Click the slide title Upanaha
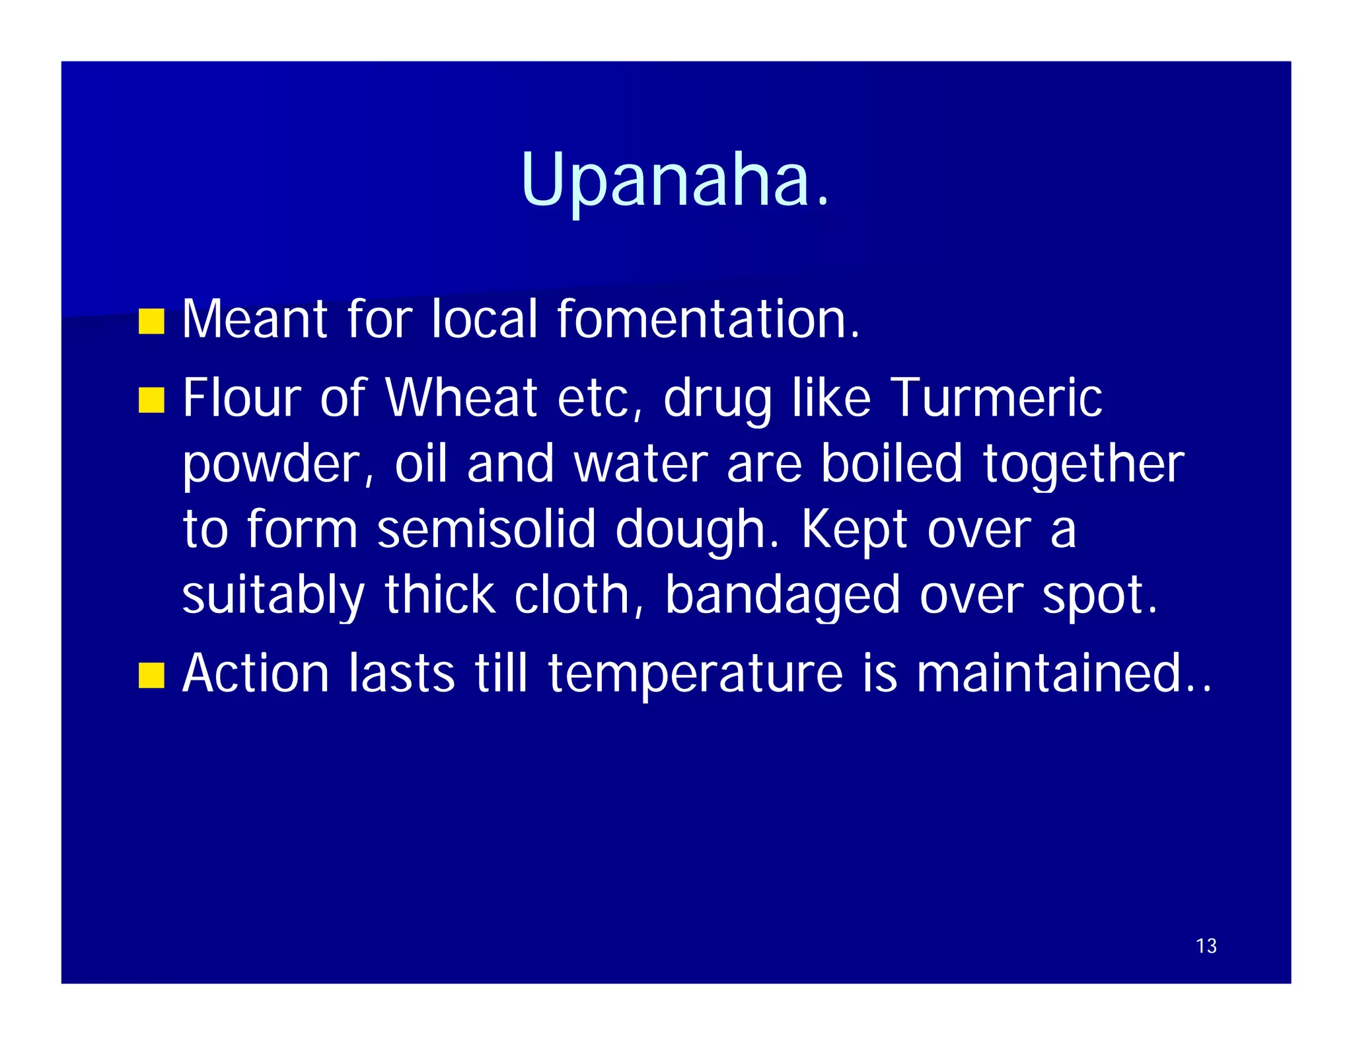click(675, 180)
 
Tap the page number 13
click(1206, 946)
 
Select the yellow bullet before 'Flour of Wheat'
click(151, 400)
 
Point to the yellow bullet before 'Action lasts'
click(151, 676)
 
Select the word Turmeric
click(996, 398)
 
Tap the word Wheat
click(461, 398)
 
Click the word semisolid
click(486, 529)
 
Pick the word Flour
click(242, 398)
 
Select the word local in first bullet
click(485, 319)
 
